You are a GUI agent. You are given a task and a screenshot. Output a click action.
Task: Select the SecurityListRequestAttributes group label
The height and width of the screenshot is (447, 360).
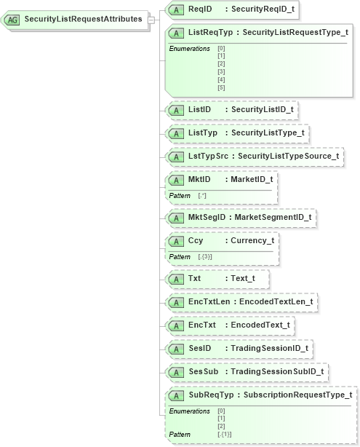[x=82, y=19]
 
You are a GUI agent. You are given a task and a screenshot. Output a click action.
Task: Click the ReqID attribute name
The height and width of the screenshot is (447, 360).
[x=200, y=9]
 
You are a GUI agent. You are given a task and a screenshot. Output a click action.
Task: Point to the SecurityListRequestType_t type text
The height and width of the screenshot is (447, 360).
[x=295, y=33]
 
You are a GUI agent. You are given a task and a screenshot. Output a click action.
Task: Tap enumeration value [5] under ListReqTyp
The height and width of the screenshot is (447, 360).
[x=221, y=87]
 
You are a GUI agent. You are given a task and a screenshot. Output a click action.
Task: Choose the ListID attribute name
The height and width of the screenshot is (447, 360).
[x=199, y=109]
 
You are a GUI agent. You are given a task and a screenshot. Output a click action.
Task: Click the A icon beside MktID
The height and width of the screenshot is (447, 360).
[x=175, y=180]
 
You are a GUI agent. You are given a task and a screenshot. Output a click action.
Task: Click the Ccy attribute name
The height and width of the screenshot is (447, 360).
[x=196, y=240]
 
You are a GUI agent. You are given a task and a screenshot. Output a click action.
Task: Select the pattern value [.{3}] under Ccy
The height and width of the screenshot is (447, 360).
[x=209, y=257]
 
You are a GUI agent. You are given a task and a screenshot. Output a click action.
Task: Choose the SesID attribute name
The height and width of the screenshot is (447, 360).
[x=199, y=349]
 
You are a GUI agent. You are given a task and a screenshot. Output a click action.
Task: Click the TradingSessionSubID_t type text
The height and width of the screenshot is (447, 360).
[x=276, y=372]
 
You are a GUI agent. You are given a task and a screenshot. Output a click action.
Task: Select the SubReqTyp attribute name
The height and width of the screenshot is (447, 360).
[x=210, y=395]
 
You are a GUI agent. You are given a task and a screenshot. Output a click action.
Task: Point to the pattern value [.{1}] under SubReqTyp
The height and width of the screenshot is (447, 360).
[x=225, y=435]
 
